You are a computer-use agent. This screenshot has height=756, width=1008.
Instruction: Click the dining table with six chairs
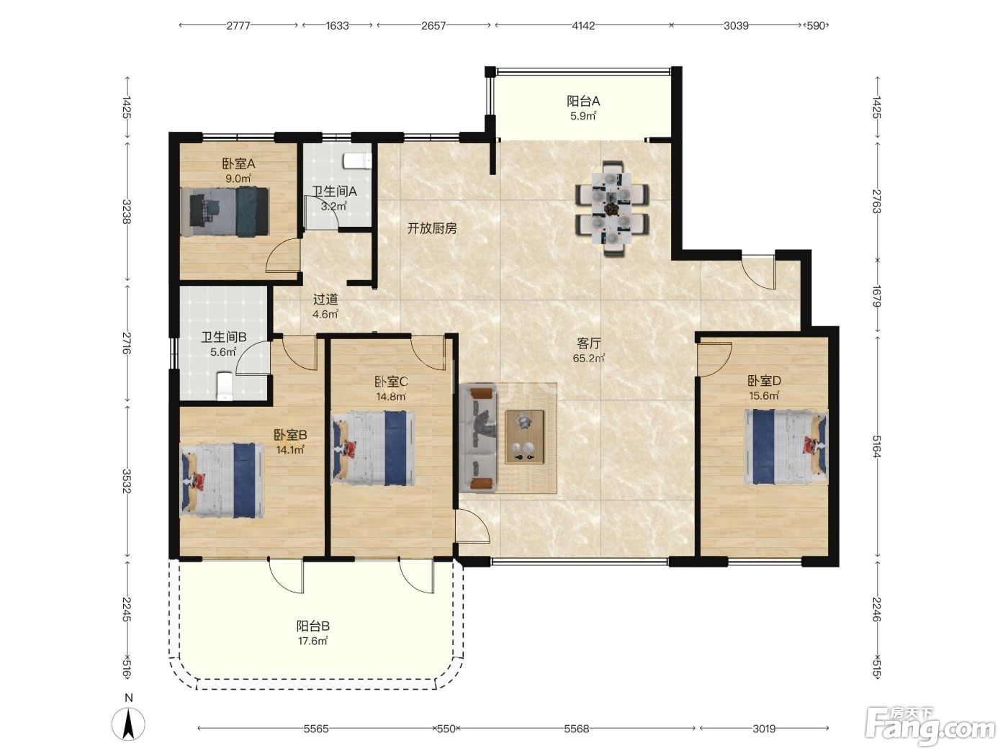(612, 208)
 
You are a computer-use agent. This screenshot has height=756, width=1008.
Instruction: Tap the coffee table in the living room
(524, 437)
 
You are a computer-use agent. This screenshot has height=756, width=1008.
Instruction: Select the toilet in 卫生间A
(357, 161)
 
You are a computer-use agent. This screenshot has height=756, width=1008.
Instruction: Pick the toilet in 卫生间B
(224, 386)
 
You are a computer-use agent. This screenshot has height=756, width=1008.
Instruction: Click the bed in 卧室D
(786, 446)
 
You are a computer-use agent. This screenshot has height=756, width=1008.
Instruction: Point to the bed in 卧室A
(225, 212)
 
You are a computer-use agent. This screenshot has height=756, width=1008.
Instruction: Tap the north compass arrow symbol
(129, 724)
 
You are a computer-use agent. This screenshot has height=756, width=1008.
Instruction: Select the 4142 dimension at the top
(583, 26)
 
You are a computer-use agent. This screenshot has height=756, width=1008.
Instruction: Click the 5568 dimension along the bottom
(576, 729)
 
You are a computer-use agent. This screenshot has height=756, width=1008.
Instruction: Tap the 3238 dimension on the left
(127, 212)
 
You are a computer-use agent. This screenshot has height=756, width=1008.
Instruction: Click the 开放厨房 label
(432, 228)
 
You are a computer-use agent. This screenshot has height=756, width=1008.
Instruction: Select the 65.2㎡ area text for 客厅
(588, 358)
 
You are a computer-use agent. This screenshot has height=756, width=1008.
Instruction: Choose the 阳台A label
(583, 101)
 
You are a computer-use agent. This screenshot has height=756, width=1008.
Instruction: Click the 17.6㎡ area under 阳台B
(312, 641)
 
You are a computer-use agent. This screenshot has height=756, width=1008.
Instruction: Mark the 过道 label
(325, 300)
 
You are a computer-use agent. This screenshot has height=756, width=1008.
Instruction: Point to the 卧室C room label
(391, 382)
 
